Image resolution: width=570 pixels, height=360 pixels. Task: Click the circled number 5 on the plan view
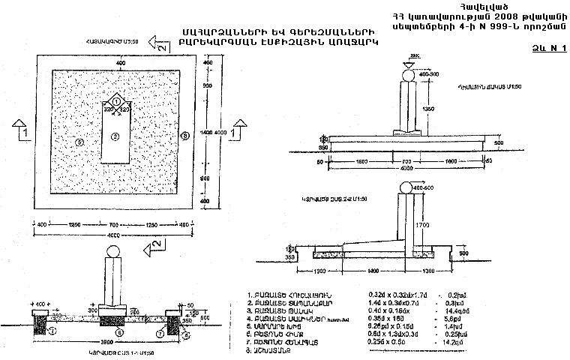pos(79,141)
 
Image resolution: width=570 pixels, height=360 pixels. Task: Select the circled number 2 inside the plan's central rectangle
pos(115,136)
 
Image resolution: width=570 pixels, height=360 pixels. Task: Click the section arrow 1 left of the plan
pos(21,129)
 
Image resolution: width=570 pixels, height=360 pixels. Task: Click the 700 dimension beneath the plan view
pos(115,224)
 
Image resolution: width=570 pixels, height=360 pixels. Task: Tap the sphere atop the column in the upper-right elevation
pos(408,74)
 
